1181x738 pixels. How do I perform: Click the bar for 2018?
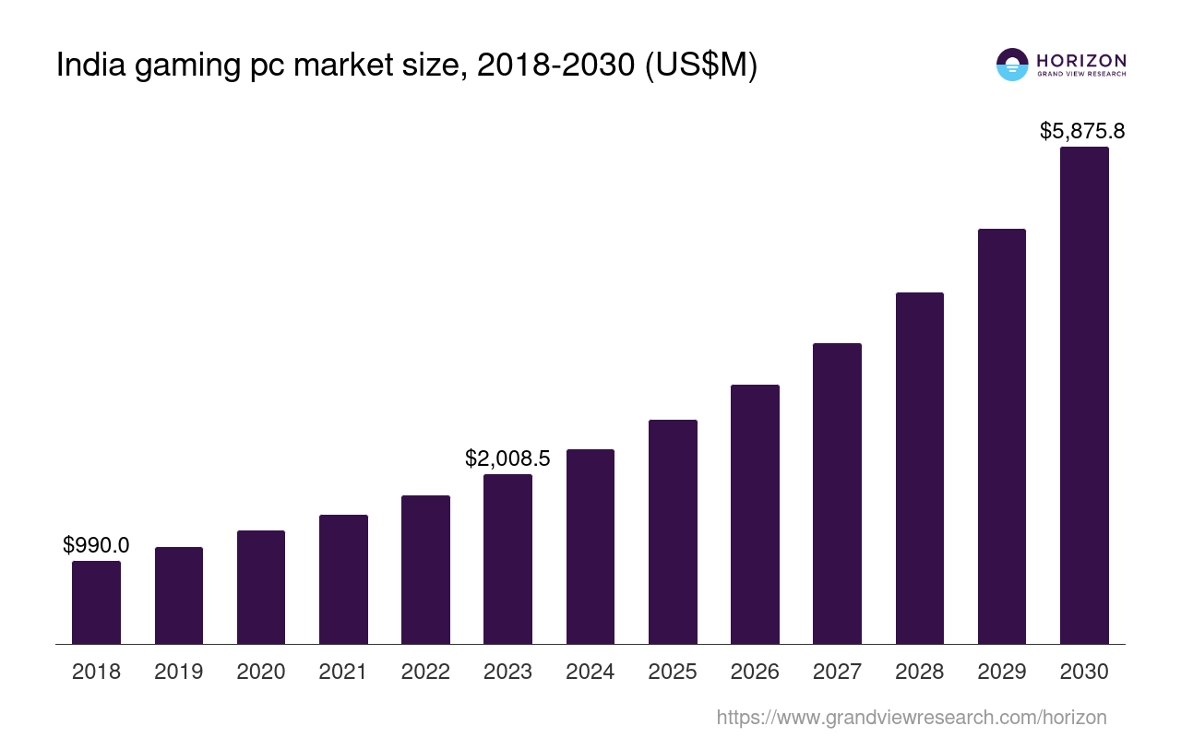click(x=96, y=602)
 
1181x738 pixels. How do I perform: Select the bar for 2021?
click(x=343, y=579)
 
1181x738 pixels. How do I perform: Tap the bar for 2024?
click(x=590, y=546)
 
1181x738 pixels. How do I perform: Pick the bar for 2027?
click(x=837, y=494)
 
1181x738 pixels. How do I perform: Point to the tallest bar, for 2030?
click(x=1084, y=395)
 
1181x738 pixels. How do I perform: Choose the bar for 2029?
click(x=1002, y=436)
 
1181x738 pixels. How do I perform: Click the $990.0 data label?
click(x=96, y=545)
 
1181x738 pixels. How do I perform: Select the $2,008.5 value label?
click(x=507, y=458)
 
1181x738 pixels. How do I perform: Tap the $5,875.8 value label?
click(x=1082, y=131)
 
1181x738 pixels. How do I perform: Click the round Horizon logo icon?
click(x=1012, y=65)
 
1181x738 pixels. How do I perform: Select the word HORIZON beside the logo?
click(x=1081, y=60)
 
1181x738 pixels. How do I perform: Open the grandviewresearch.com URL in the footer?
click(x=912, y=718)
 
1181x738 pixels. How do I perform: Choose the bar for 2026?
click(x=755, y=514)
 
